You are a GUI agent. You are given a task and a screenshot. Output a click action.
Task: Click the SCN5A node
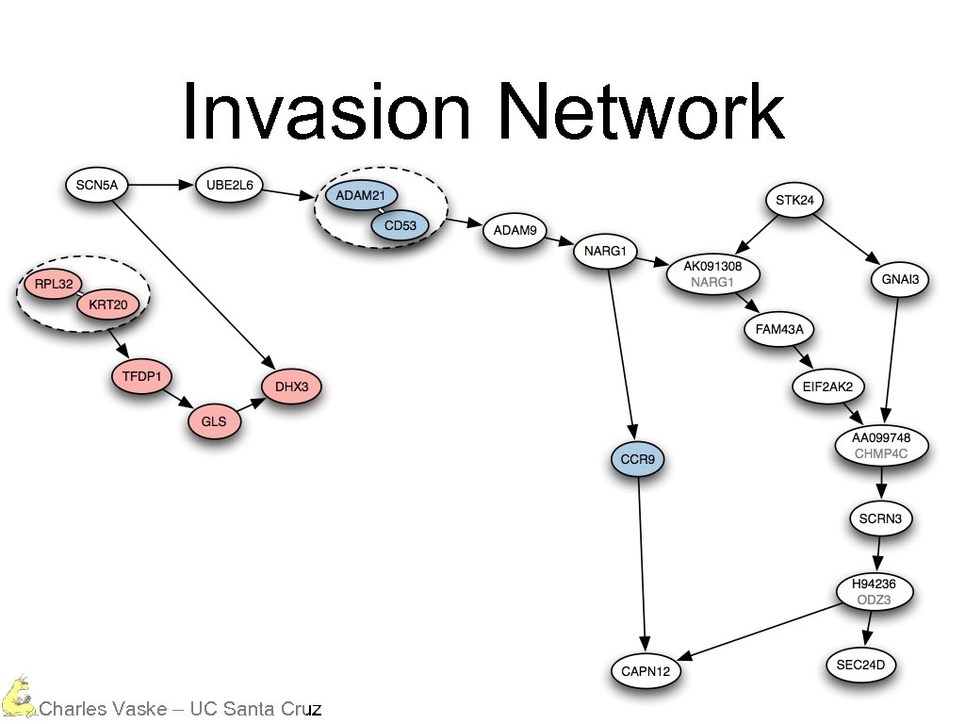tap(97, 185)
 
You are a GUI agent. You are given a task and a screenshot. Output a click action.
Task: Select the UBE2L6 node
tap(229, 185)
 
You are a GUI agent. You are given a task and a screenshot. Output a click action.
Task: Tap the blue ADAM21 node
tap(356, 197)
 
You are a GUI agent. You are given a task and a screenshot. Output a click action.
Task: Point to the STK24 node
tap(794, 200)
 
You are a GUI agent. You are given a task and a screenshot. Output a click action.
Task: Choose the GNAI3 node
tap(901, 280)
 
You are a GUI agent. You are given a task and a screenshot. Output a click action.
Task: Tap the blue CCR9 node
tap(638, 460)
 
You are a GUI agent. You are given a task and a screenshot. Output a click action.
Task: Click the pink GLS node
tap(214, 422)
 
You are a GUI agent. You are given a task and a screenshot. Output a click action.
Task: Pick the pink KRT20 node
tap(107, 304)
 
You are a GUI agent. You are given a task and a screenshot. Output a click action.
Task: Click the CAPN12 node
tap(645, 672)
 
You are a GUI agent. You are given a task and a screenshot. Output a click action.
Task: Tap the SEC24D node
tap(861, 666)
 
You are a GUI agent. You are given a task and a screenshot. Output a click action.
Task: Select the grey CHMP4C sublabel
tap(881, 453)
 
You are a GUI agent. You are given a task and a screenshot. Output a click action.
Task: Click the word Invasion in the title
tap(325, 111)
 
